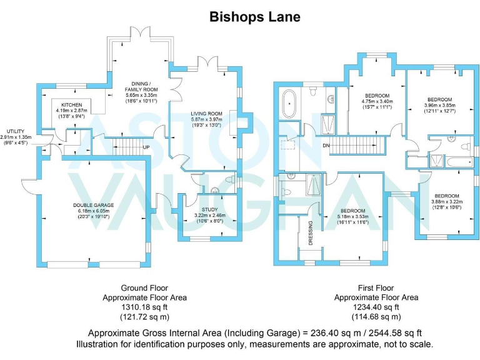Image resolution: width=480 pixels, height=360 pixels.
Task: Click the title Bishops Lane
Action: coord(254,17)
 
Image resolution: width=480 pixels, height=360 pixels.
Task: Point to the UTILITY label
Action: coord(16,131)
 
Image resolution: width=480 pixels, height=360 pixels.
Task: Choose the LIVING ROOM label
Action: coord(206,113)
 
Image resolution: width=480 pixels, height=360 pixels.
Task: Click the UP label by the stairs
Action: coord(146,147)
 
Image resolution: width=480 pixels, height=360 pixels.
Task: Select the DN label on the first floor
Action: coord(326,146)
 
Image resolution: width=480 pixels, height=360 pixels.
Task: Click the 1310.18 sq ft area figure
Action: coord(144,307)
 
